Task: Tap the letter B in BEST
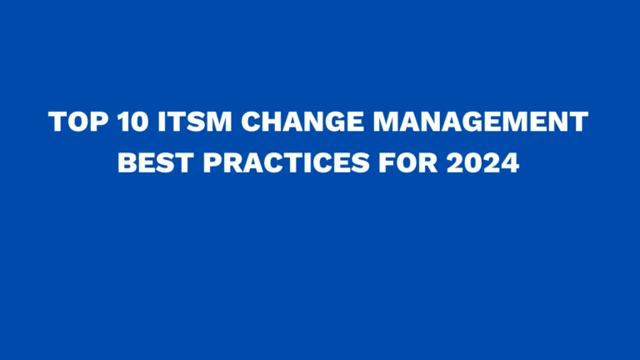point(126,162)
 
